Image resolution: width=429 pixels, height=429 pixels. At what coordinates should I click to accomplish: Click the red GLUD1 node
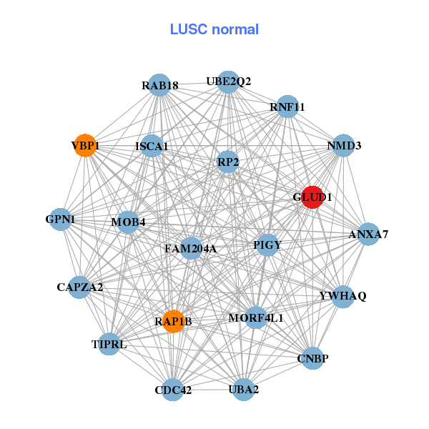coord(312,197)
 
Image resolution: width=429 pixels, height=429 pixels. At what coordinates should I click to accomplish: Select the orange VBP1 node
coord(85,145)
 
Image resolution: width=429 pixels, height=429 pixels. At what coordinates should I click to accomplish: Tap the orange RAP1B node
coord(173,321)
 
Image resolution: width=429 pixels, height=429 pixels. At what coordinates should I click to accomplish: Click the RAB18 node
coord(160,87)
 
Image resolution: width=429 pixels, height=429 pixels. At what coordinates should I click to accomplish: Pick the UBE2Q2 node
coord(228,82)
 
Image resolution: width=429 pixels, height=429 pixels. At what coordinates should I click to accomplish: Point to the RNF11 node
coord(287,107)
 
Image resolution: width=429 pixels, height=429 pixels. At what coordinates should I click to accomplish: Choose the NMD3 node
coord(345,145)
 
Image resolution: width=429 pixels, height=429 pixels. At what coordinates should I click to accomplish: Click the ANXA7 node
coord(368,234)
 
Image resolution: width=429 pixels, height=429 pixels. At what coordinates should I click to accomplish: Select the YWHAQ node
coord(343,296)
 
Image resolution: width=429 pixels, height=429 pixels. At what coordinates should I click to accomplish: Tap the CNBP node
coord(312,358)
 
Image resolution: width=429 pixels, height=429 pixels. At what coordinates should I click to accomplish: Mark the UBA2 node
coord(244,389)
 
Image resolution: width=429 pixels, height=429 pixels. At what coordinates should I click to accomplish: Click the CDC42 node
coord(173,390)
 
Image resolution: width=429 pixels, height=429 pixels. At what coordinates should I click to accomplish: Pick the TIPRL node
coord(109,344)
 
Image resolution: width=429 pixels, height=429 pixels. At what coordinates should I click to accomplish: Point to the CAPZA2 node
coord(80,287)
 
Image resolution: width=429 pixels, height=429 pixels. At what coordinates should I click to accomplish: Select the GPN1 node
coord(61,219)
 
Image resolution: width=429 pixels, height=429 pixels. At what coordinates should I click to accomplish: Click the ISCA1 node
coord(152,147)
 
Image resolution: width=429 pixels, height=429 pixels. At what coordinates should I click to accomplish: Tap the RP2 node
coord(228,162)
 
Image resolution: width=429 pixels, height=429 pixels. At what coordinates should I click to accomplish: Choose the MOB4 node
coord(129,222)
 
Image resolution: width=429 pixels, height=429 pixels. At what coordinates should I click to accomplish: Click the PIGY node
coord(267,245)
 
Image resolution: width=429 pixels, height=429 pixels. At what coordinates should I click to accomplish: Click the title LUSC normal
coord(214,29)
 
